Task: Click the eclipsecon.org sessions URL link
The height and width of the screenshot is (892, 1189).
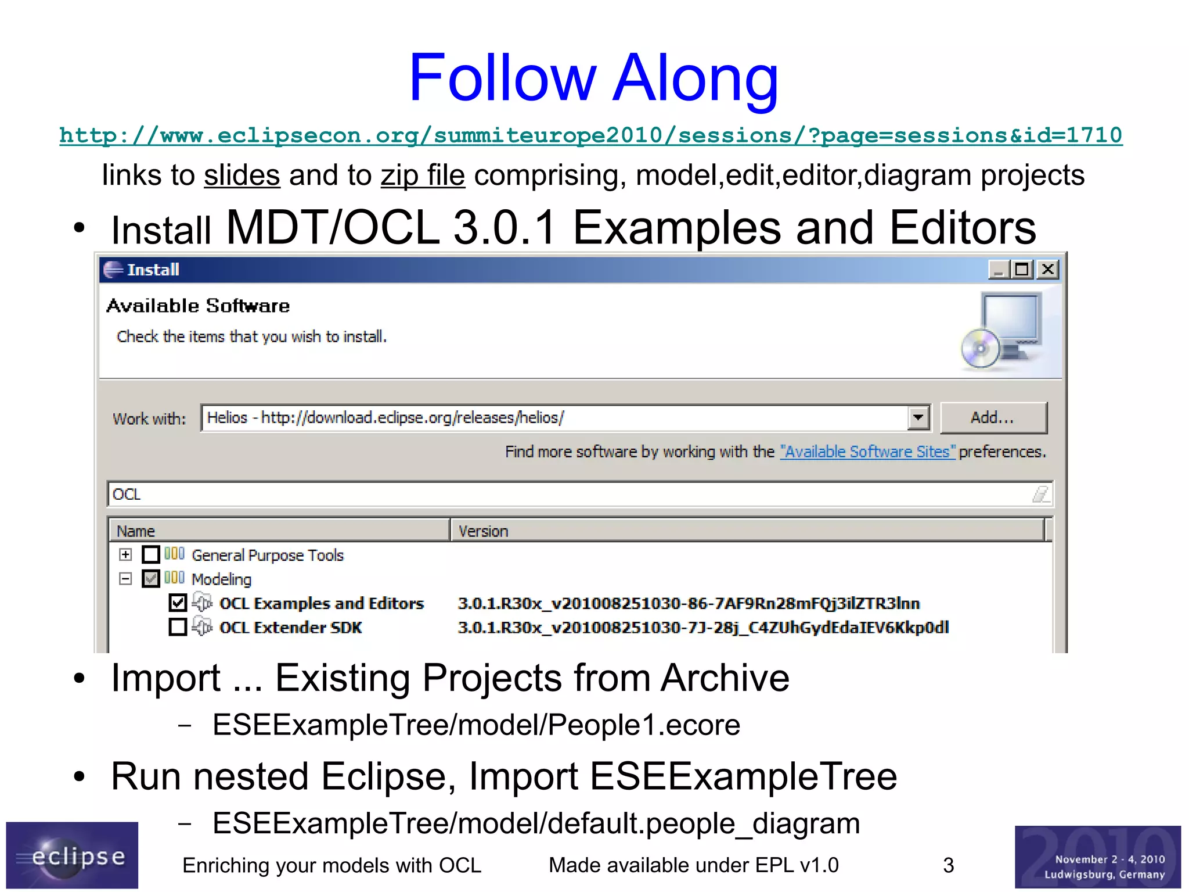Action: pos(590,135)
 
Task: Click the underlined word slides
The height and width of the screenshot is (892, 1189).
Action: pos(242,175)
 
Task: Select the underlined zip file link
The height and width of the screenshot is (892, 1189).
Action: pos(423,175)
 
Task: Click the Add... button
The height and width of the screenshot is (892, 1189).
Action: pos(993,418)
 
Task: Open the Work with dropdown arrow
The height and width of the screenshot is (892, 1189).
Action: pos(918,418)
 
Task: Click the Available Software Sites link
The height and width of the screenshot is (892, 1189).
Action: pos(867,452)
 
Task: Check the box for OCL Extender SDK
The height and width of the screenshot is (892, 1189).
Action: pos(178,628)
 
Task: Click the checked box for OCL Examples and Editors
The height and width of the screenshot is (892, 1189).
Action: pos(178,603)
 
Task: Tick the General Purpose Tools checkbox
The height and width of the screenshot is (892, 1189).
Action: pos(151,555)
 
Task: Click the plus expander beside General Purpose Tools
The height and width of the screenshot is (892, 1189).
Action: pos(125,555)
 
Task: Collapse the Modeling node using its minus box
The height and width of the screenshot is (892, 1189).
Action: pos(125,579)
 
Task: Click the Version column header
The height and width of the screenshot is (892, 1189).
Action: pos(746,531)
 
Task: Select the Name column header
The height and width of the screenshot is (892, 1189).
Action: pos(279,531)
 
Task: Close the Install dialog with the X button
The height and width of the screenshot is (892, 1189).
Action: pos(1048,270)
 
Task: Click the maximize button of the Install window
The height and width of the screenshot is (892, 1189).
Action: pos(1022,270)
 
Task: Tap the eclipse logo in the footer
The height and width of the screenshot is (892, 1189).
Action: pos(72,855)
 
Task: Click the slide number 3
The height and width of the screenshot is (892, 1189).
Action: pos(949,865)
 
